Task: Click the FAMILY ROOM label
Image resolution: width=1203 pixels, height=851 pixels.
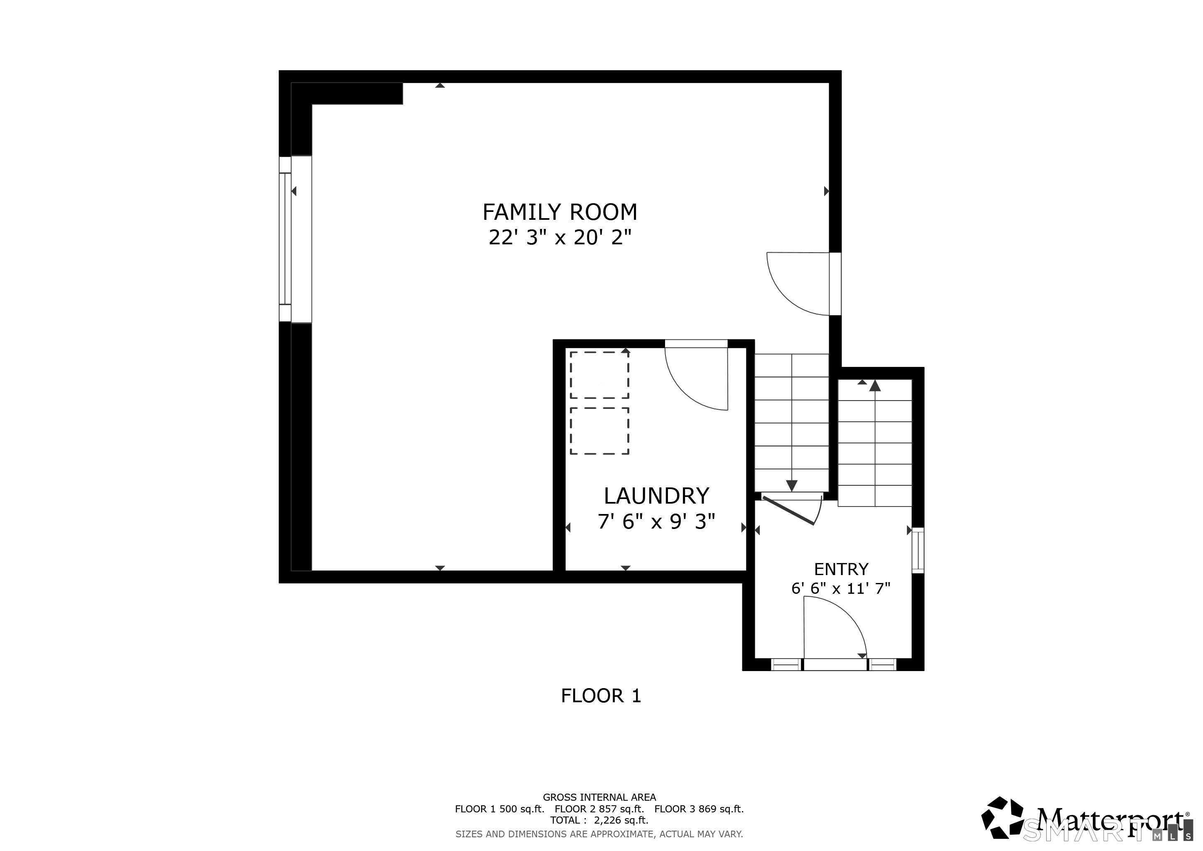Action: (x=560, y=212)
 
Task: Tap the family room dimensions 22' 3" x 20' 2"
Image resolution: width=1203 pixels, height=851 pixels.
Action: (x=560, y=238)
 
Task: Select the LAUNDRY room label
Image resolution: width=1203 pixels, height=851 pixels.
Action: (x=656, y=496)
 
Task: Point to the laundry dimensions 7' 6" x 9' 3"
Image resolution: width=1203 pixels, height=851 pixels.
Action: (x=656, y=522)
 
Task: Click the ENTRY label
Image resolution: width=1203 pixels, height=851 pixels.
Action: (x=841, y=569)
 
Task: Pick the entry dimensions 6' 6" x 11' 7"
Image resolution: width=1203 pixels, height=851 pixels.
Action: (x=840, y=588)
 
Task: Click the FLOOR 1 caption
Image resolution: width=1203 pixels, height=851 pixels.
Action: (x=601, y=696)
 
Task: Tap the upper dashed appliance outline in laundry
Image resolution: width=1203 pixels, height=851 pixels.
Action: (x=599, y=375)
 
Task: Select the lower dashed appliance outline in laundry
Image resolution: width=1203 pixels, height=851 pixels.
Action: (x=599, y=431)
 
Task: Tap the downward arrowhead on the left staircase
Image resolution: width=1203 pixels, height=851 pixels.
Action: (x=792, y=486)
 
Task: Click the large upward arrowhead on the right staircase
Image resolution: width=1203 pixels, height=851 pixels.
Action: (x=875, y=386)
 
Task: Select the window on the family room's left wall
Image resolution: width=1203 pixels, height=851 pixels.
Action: (x=285, y=239)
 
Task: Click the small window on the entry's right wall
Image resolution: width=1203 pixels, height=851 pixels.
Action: (x=918, y=550)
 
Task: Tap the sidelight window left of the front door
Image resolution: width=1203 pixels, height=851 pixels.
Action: (x=786, y=665)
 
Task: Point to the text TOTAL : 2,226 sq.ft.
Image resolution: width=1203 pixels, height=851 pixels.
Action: (x=599, y=820)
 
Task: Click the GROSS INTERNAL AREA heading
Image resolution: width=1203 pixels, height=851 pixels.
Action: (x=599, y=797)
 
